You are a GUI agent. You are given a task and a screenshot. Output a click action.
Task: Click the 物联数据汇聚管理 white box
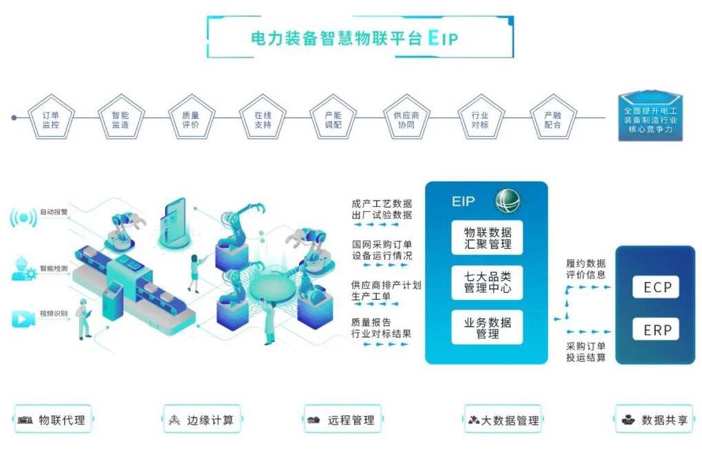pyautogui.click(x=487, y=238)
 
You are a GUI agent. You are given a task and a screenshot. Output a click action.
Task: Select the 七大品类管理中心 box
pyautogui.click(x=487, y=283)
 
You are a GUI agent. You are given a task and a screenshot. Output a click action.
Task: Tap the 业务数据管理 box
pyautogui.click(x=487, y=327)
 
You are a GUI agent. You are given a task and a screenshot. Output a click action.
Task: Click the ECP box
pyautogui.click(x=657, y=287)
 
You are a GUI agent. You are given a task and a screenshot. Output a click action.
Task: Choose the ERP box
pyautogui.click(x=657, y=329)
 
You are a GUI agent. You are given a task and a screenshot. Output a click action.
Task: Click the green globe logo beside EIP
pyautogui.click(x=508, y=201)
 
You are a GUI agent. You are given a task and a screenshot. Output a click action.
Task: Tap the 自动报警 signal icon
pyautogui.click(x=23, y=218)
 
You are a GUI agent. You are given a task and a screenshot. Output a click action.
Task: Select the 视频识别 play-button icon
pyautogui.click(x=23, y=319)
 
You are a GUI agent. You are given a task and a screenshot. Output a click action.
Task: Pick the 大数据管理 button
pyautogui.click(x=503, y=419)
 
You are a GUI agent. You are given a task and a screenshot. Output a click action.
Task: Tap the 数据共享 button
pyautogui.click(x=654, y=419)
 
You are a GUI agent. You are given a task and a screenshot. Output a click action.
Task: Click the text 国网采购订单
pyautogui.click(x=382, y=244)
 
